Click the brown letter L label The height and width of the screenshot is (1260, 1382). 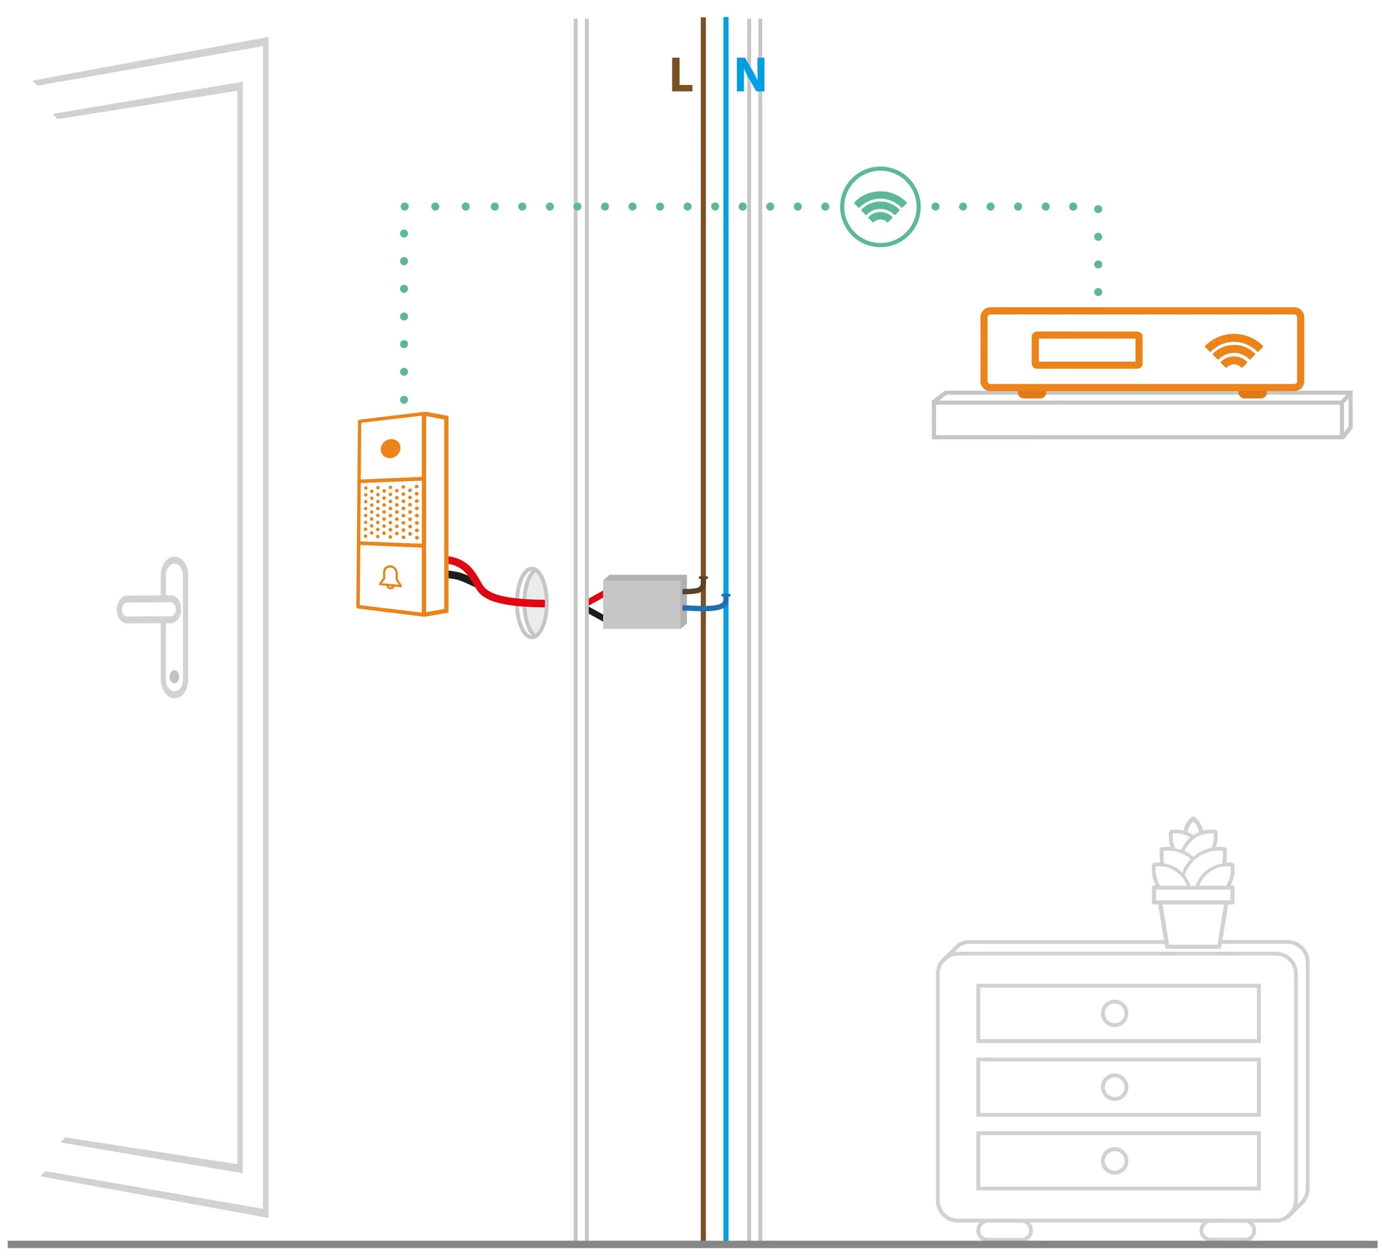pos(680,75)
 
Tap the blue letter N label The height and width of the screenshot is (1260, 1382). pos(750,75)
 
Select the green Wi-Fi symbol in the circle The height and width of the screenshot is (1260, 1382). pos(880,207)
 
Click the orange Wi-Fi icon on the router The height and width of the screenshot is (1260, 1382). pos(1234,351)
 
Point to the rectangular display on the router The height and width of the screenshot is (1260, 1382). pos(1087,350)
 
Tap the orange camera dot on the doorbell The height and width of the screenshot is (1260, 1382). pos(390,449)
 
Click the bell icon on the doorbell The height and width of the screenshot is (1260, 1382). pos(390,577)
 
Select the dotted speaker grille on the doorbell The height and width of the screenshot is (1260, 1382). pos(391,512)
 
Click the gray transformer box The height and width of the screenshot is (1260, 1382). pos(644,602)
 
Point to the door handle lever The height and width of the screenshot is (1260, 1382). pos(148,609)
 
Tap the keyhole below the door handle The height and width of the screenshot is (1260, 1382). pos(174,677)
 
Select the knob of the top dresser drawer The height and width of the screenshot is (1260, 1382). pos(1114,1013)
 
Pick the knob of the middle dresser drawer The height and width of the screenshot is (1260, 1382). pos(1114,1086)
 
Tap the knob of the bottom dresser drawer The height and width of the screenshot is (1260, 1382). pos(1114,1161)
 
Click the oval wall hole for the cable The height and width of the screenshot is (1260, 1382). pos(532,603)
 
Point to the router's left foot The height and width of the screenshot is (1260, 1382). pos(1031,393)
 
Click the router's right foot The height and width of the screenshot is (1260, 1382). pos(1252,393)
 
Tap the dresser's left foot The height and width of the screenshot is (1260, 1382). pos(1004,1230)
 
